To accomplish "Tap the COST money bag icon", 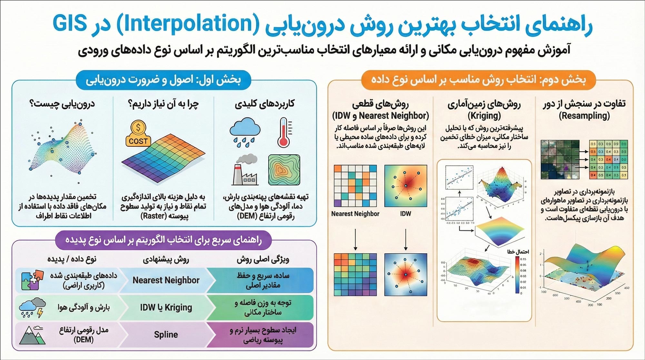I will [x=138, y=134].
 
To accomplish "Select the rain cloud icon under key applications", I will [x=245, y=132].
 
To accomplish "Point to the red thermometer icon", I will [x=284, y=133].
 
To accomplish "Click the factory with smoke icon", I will [x=245, y=170].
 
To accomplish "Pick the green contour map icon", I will [x=284, y=170].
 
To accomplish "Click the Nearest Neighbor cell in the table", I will [x=166, y=280].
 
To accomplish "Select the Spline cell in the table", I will [x=166, y=335].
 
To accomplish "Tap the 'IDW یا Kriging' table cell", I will [x=166, y=307].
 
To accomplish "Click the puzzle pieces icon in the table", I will [x=32, y=280].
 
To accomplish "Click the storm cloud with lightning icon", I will [x=32, y=307].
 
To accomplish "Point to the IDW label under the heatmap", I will [x=405, y=214].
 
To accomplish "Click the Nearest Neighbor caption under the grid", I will [x=355, y=214].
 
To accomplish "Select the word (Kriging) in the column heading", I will [x=484, y=115].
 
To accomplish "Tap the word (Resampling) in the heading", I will [x=584, y=115].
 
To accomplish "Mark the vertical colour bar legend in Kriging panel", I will [x=517, y=275].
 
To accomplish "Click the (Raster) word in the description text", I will [x=154, y=216].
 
